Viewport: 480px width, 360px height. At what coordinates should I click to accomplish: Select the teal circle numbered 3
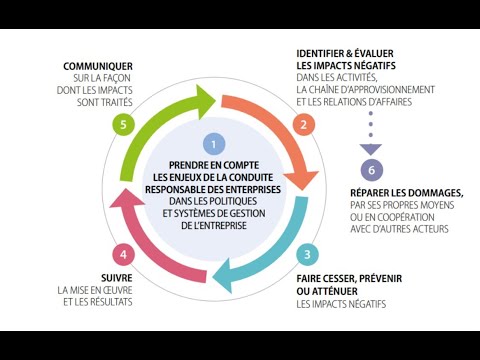coord(309,254)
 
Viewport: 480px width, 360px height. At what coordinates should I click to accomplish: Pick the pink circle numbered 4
coord(122,254)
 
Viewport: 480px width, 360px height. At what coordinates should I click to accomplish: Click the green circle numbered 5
coord(122,125)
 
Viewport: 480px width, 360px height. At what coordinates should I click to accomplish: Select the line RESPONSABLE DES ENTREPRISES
coord(212,187)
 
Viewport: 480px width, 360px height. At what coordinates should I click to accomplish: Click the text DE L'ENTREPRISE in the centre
coord(212,226)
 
